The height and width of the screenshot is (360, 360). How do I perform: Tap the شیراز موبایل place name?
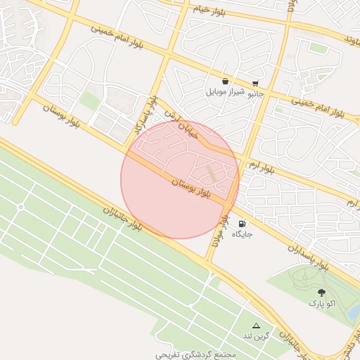224,92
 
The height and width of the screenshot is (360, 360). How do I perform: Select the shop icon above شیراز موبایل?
224,82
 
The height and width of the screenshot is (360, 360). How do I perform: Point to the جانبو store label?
255,92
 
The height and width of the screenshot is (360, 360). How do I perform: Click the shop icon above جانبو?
255,82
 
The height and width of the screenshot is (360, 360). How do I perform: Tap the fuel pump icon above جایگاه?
243,224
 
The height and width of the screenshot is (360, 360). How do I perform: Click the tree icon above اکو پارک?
322,292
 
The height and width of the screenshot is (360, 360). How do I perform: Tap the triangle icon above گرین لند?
256,326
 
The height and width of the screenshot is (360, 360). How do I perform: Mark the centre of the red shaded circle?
181,179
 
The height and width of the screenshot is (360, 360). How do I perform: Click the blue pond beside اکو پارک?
354,310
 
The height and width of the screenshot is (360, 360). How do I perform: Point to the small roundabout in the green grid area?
20,207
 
